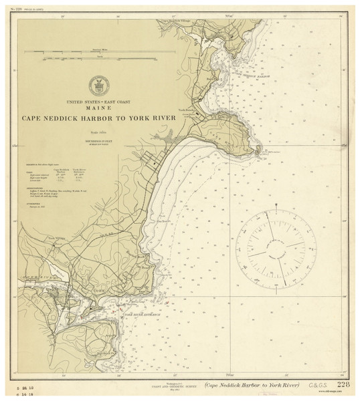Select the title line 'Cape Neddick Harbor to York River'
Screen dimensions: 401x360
98,118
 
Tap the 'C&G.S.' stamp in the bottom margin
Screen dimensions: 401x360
320,386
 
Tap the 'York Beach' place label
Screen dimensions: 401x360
186,109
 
